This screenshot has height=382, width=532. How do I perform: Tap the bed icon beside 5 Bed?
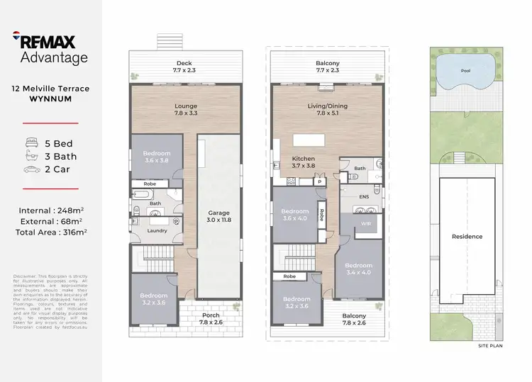click(x=32, y=143)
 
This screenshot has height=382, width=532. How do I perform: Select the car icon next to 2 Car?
click(x=32, y=170)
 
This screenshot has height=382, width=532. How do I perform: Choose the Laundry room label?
click(x=157, y=230)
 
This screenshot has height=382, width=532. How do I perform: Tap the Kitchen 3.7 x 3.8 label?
click(x=303, y=162)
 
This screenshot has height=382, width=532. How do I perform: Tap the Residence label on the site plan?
click(x=467, y=236)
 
